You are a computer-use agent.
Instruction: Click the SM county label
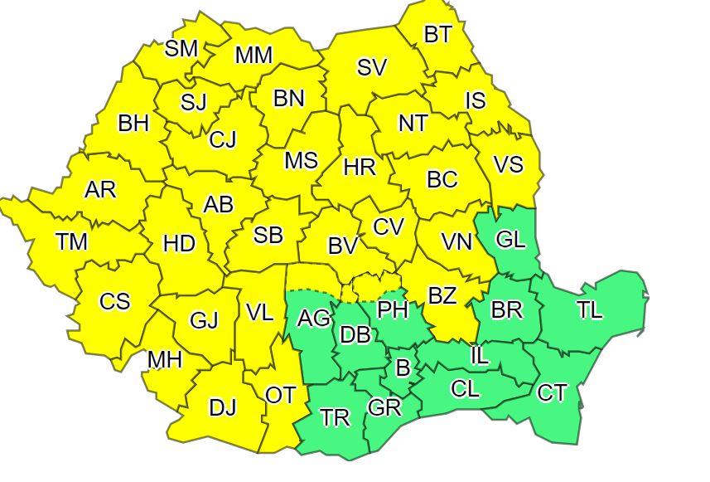[181, 49]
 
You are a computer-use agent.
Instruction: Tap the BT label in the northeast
[438, 35]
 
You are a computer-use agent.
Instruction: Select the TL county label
[590, 311]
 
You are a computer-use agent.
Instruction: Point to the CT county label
[553, 392]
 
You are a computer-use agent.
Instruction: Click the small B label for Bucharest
[403, 368]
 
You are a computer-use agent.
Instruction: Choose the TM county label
[72, 242]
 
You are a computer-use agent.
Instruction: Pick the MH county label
[165, 360]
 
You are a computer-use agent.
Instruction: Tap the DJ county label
[222, 407]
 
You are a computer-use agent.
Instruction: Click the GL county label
[510, 240]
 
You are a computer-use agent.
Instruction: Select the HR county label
[360, 168]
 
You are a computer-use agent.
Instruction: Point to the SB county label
[268, 236]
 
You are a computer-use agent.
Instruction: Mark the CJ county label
[222, 139]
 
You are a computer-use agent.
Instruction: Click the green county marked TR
[335, 417]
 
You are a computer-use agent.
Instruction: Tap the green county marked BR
[507, 309]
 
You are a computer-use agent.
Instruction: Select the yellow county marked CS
[114, 301]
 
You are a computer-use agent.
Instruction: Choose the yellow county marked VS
[508, 164]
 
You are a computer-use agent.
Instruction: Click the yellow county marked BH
[133, 124]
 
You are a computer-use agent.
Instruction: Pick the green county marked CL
[466, 388]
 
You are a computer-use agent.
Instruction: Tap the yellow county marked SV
[372, 68]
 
